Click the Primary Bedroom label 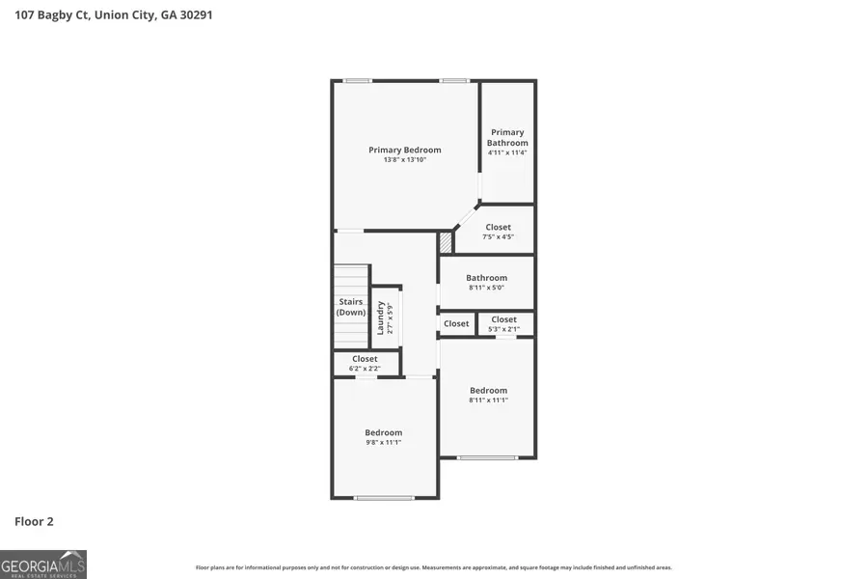(x=405, y=150)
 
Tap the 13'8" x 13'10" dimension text (x=405, y=160)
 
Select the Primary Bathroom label (x=507, y=137)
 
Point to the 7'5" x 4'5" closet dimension (x=499, y=237)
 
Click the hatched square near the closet (x=446, y=241)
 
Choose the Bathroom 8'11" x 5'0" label (x=486, y=283)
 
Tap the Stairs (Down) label (x=351, y=307)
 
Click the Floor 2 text (x=34, y=521)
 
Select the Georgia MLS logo (x=43, y=564)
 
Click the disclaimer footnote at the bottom (x=433, y=567)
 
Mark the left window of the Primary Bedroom (x=358, y=80)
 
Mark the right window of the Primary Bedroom (x=454, y=80)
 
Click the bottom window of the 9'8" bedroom (x=385, y=497)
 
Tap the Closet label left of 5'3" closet (x=456, y=323)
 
